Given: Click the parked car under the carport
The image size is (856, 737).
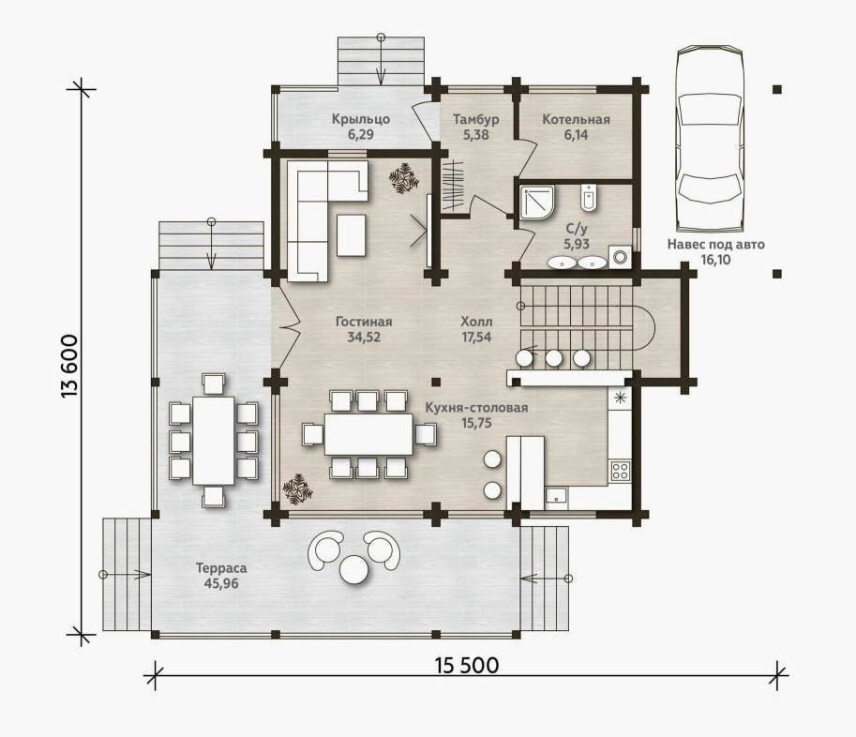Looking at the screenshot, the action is click(710, 139).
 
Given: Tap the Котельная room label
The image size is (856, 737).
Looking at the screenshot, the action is click(576, 119).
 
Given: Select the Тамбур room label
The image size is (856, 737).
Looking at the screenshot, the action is click(476, 119).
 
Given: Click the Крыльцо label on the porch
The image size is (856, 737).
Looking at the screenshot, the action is click(361, 119).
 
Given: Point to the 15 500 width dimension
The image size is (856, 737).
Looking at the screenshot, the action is click(467, 666).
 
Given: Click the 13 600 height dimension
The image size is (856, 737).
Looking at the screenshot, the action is click(71, 366).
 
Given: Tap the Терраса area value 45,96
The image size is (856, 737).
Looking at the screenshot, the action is click(221, 583).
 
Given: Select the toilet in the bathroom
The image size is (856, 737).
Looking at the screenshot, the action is click(588, 198).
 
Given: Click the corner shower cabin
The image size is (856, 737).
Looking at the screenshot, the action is click(537, 203).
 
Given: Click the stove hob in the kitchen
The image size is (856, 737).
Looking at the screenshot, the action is click(620, 471).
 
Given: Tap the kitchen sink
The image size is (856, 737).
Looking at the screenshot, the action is click(556, 497).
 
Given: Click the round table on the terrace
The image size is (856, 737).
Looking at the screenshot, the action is click(354, 570).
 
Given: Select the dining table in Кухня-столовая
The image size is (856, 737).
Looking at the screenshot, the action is click(369, 434).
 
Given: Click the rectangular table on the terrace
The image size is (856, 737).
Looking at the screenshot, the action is click(214, 440).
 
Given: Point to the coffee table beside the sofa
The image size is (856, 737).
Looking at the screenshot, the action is click(351, 235).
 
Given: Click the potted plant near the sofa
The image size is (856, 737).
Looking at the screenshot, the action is click(404, 178).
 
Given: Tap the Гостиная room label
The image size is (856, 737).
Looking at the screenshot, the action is click(364, 322).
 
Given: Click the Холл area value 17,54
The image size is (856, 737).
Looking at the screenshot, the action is click(476, 338).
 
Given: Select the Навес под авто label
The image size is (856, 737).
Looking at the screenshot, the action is click(715, 245).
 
